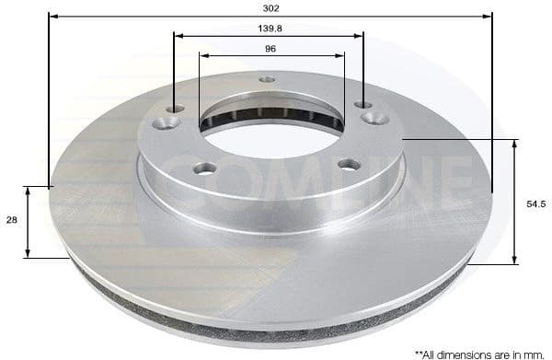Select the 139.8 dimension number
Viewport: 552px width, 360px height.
tap(269, 29)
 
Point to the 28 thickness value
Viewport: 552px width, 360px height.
tap(12, 221)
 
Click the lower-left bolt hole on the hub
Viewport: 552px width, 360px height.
tap(205, 168)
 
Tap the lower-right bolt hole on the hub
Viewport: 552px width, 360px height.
tap(348, 164)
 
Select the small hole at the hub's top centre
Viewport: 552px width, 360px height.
tap(267, 80)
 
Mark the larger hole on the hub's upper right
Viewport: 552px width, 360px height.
tap(374, 118)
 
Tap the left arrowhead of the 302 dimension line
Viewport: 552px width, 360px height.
tap(52, 16)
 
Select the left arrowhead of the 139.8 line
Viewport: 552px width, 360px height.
tap(178, 37)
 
